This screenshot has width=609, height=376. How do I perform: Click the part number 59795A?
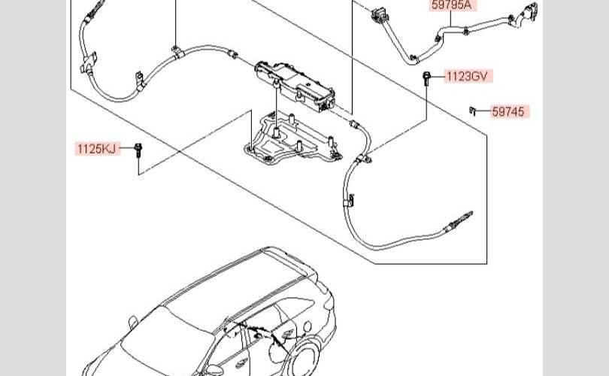coord(450,5)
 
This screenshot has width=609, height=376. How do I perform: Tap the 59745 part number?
coord(510,112)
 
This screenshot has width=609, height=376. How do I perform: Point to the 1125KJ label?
coord(97,148)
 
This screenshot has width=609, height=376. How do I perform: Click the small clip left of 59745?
coord(474,111)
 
